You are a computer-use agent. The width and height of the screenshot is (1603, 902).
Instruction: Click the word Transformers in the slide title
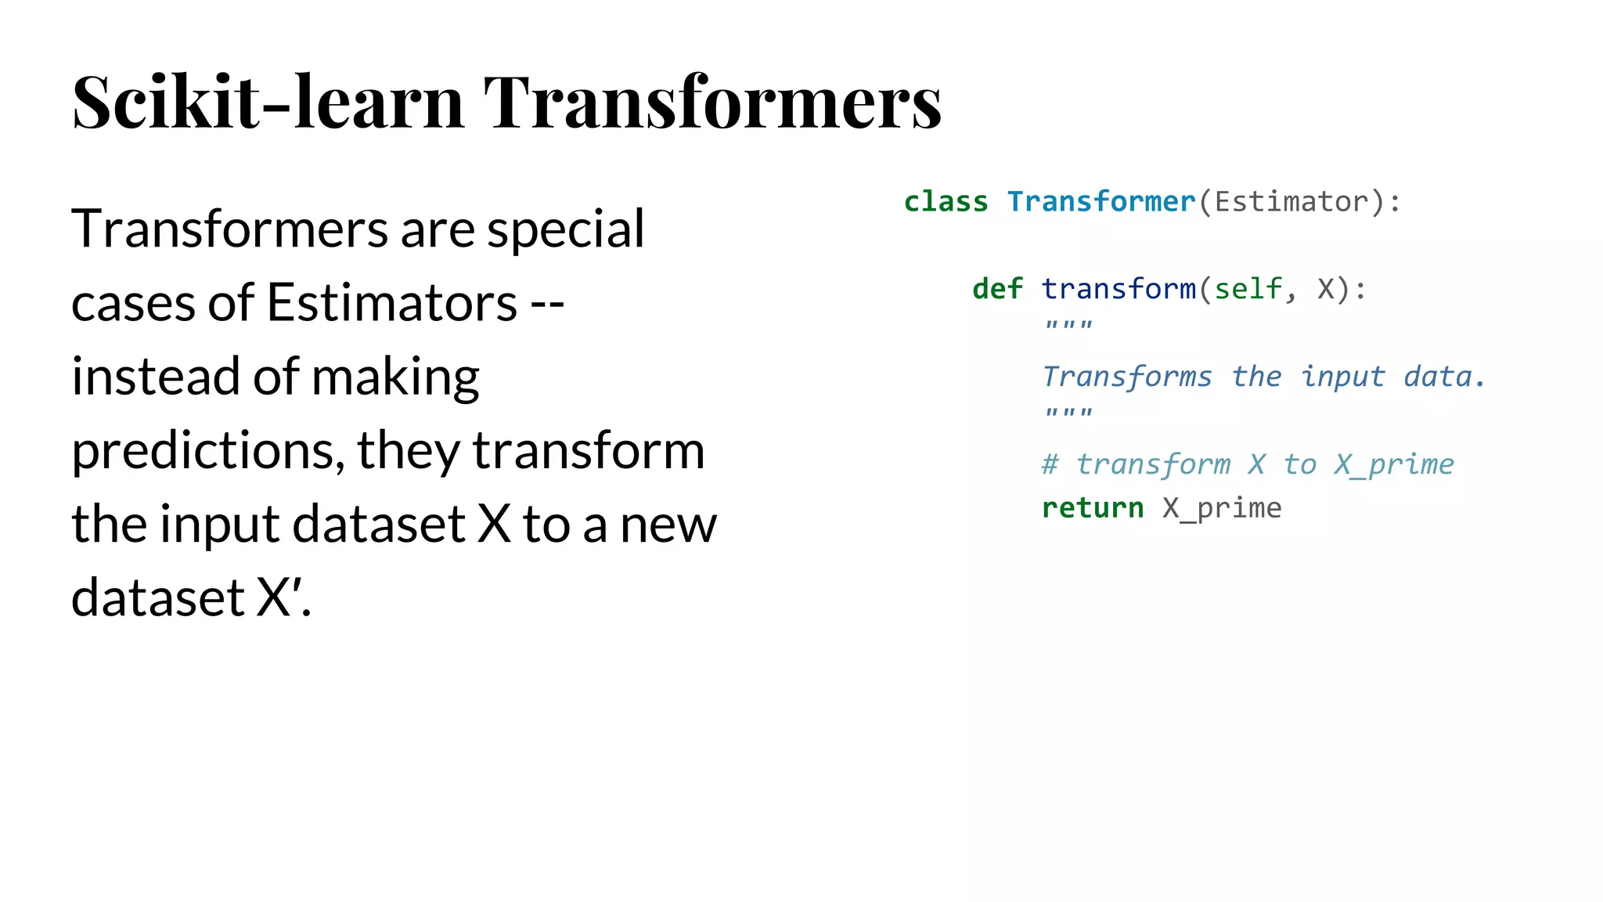(712, 102)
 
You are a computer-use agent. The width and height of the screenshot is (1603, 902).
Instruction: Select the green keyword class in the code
(946, 202)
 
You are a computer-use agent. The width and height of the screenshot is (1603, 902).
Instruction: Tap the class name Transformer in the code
(1100, 202)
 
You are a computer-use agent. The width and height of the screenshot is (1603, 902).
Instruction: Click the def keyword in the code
(997, 289)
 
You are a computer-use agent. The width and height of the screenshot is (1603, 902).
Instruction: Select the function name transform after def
(1118, 289)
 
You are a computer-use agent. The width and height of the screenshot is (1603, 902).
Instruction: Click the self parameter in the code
(1248, 289)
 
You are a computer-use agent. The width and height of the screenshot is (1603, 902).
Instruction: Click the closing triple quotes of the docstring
(1068, 413)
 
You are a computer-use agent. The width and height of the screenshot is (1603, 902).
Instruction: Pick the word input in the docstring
(1342, 377)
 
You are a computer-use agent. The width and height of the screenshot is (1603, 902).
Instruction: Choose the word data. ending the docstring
(1444, 377)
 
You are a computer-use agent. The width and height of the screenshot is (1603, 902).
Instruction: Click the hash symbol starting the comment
(1050, 464)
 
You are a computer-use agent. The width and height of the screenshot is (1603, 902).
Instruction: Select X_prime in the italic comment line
(1394, 464)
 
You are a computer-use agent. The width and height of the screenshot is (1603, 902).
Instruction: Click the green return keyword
(1093, 508)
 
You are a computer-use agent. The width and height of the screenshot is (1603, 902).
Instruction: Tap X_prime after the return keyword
(1222, 508)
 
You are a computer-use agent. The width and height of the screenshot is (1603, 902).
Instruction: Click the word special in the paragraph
(565, 229)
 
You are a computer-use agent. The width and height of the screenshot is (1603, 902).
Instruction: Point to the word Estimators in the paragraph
(391, 303)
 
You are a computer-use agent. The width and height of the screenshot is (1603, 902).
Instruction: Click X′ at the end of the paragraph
(279, 598)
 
